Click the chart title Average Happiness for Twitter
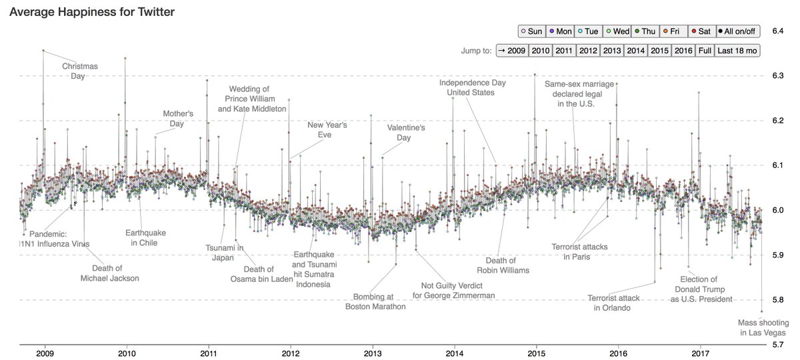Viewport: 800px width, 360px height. (x=96, y=13)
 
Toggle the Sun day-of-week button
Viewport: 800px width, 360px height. (x=531, y=31)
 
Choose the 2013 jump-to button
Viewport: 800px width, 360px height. (x=612, y=50)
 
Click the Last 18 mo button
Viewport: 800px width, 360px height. (x=737, y=50)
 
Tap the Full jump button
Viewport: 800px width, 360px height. (x=704, y=50)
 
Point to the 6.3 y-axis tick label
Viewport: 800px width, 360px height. (x=778, y=76)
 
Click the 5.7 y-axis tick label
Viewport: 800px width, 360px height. (x=778, y=345)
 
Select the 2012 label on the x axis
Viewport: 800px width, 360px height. (x=291, y=353)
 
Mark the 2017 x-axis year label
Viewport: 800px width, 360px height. (x=700, y=353)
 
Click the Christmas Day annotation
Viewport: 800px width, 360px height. (x=80, y=71)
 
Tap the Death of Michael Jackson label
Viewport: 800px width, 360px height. (x=109, y=273)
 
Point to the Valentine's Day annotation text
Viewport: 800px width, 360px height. (x=406, y=133)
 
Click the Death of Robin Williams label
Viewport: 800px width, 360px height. (x=503, y=265)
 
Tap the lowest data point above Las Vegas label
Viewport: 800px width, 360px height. (x=762, y=311)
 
